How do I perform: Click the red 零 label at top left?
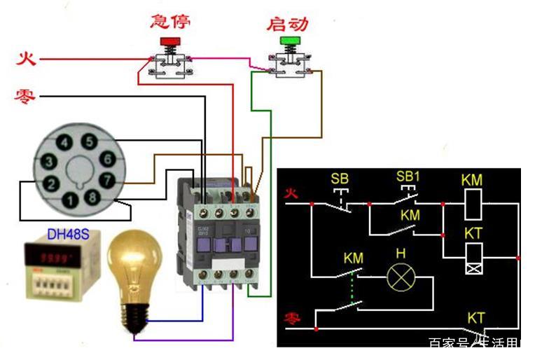25,96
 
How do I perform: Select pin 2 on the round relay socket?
50,184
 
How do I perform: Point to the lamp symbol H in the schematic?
401,278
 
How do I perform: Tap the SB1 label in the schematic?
408,176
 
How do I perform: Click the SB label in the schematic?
340,179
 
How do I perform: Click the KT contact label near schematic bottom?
476,318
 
